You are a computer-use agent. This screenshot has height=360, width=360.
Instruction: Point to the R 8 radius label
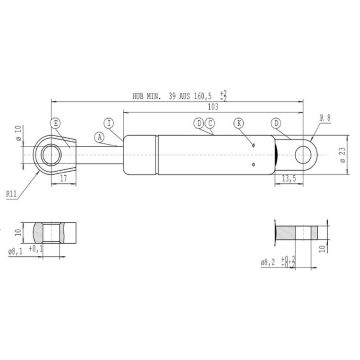(323, 119)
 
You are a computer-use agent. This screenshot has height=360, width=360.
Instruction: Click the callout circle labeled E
(56, 122)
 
